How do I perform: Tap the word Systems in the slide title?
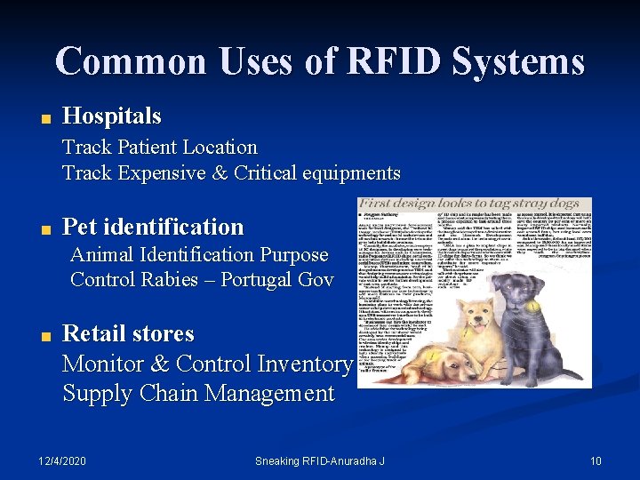point(516,61)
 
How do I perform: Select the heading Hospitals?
point(112,116)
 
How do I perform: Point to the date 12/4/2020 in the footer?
point(62,460)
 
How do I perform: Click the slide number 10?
point(596,460)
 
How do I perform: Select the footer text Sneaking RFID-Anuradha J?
point(320,460)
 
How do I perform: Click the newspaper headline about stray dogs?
point(473,205)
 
